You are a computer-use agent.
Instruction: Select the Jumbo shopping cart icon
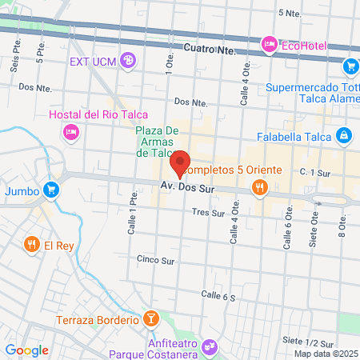pos(51,190)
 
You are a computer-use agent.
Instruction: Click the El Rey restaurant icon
pos(31,243)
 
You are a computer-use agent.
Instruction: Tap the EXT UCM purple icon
pos(128,61)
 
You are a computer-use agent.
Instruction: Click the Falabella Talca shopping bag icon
pos(343,136)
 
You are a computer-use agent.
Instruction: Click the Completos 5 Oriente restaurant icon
pos(258,188)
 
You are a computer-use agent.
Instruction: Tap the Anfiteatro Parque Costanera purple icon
pos(210,346)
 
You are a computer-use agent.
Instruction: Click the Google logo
pos(27,350)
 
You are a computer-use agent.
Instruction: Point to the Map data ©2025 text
pos(326,354)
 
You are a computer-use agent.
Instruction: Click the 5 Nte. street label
pos(289,13)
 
